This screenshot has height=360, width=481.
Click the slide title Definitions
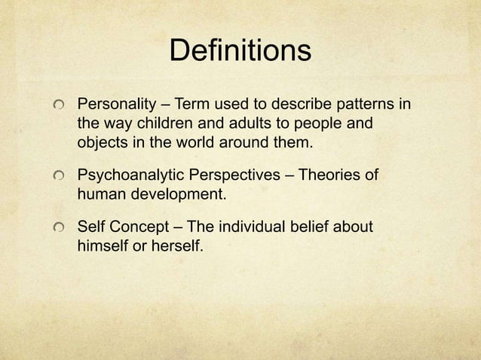tap(240, 51)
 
